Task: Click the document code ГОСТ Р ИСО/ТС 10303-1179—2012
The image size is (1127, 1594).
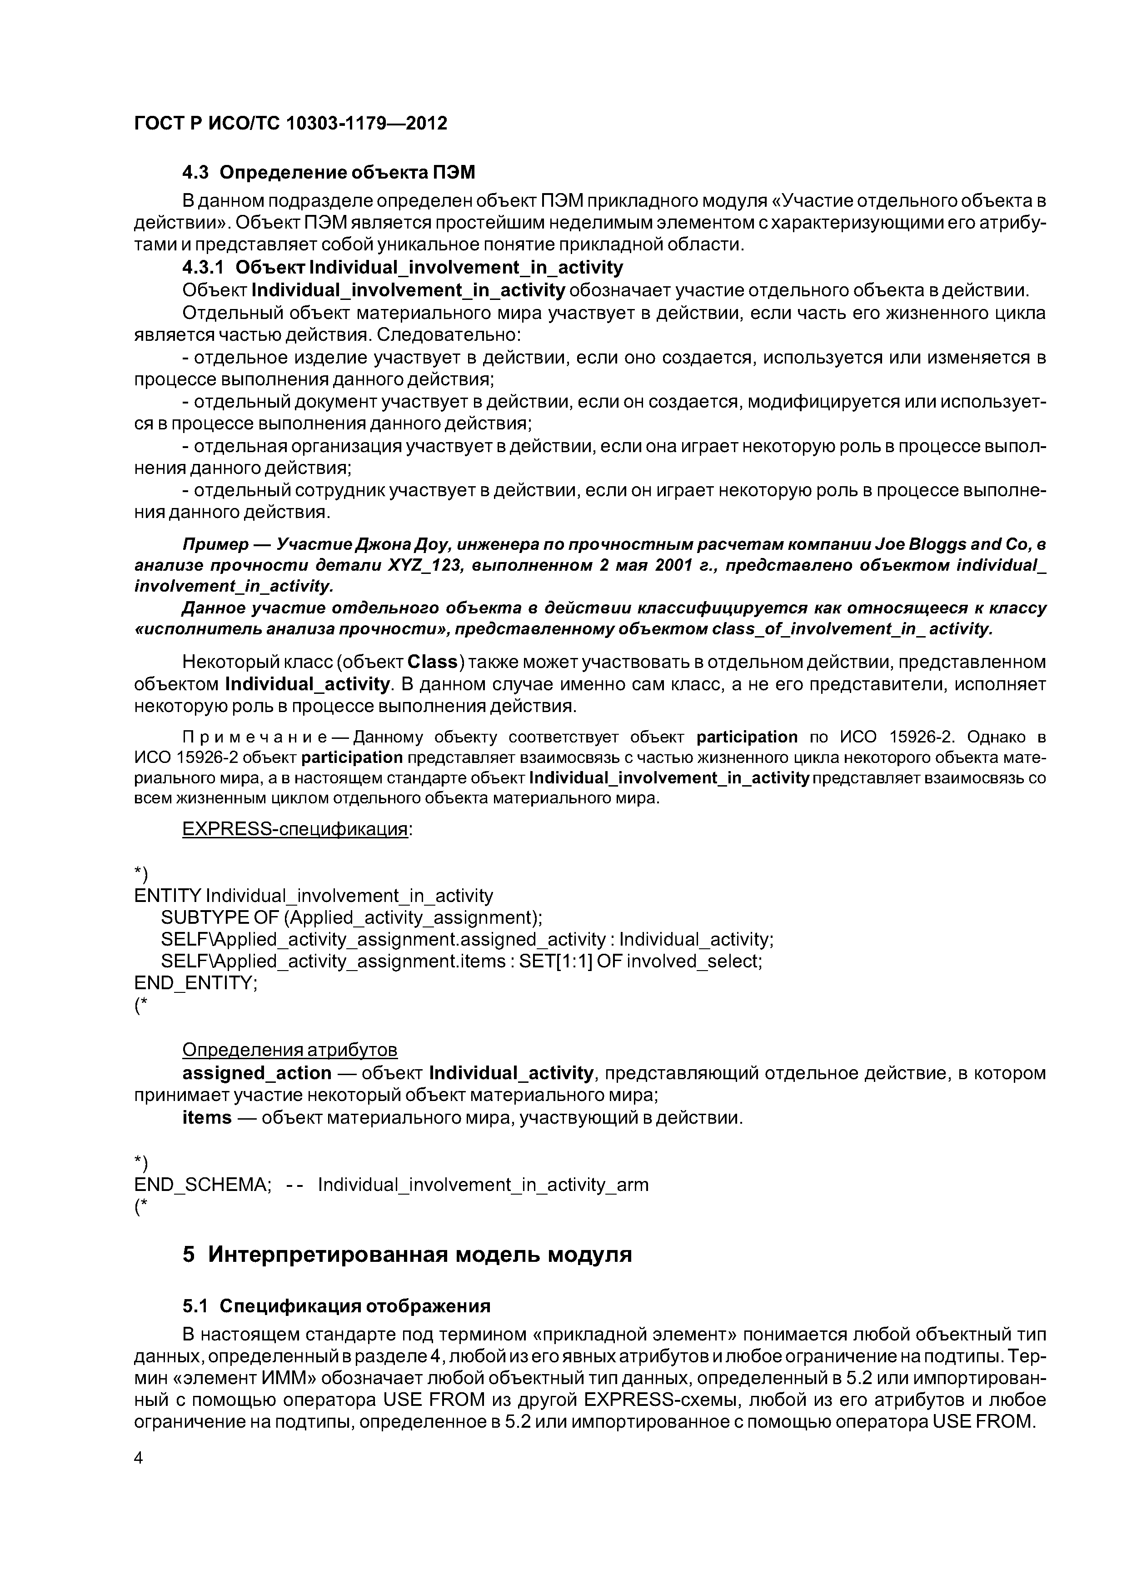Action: pyautogui.click(x=290, y=124)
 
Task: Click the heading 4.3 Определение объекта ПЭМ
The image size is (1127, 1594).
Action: pyautogui.click(x=329, y=172)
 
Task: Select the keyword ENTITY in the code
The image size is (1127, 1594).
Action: pyautogui.click(x=167, y=896)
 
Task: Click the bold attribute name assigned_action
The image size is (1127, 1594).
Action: pyautogui.click(x=257, y=1073)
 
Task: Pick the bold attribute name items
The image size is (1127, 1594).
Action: pyautogui.click(x=206, y=1118)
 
